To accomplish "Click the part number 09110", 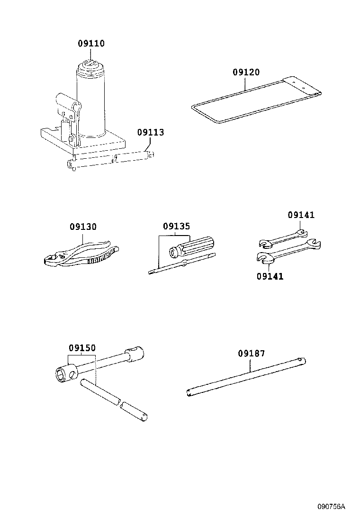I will click(91, 44).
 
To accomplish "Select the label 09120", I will click(246, 73).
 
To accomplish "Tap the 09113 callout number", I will click(151, 132).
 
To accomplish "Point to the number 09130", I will click(83, 227).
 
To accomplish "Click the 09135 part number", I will click(176, 227).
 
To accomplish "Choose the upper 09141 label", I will click(301, 215).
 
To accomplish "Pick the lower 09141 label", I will click(270, 276).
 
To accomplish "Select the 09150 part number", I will click(82, 348).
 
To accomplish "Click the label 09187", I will click(251, 354).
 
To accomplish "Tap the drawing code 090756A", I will click(331, 507).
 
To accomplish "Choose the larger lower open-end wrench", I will click(289, 251).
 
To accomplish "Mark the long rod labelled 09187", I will click(246, 377).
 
